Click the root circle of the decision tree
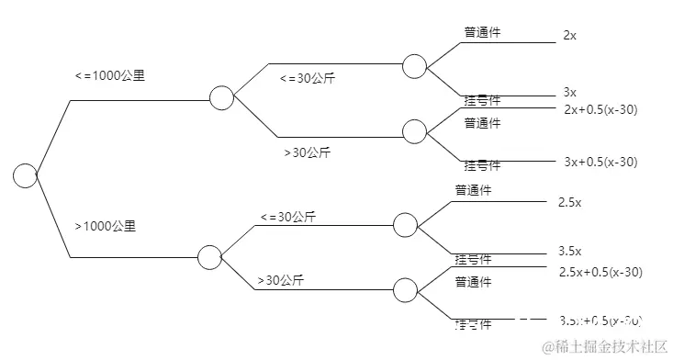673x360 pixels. tap(25, 174)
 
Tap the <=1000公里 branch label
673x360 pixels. tap(108, 76)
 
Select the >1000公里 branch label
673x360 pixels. tap(105, 226)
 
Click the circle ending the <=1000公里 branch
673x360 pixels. tap(221, 97)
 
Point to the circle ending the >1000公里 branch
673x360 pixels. tap(209, 258)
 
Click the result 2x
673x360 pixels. tap(569, 36)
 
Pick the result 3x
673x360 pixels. tap(569, 93)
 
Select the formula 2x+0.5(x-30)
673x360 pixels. tap(600, 109)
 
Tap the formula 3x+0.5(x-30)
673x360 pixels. tap(600, 162)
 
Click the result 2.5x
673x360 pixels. tap(569, 201)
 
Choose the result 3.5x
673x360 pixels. tap(569, 250)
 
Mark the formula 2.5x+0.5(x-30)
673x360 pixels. tap(600, 272)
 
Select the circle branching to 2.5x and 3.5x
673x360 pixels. tap(405, 225)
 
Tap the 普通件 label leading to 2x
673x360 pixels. tap(482, 32)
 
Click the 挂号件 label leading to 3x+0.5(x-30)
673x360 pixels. tap(482, 165)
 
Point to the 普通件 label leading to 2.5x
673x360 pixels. tap(474, 191)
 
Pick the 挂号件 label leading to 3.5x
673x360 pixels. tap(473, 259)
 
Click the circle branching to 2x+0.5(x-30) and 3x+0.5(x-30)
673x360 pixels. tap(414, 130)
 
